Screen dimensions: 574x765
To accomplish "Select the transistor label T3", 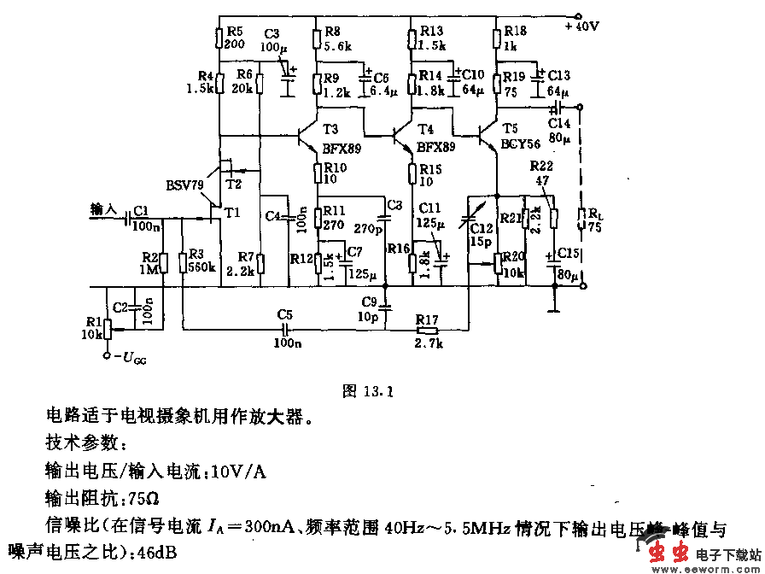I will (332, 129).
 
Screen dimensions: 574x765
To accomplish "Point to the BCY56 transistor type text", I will (520, 143).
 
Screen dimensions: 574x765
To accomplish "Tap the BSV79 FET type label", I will (184, 184).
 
